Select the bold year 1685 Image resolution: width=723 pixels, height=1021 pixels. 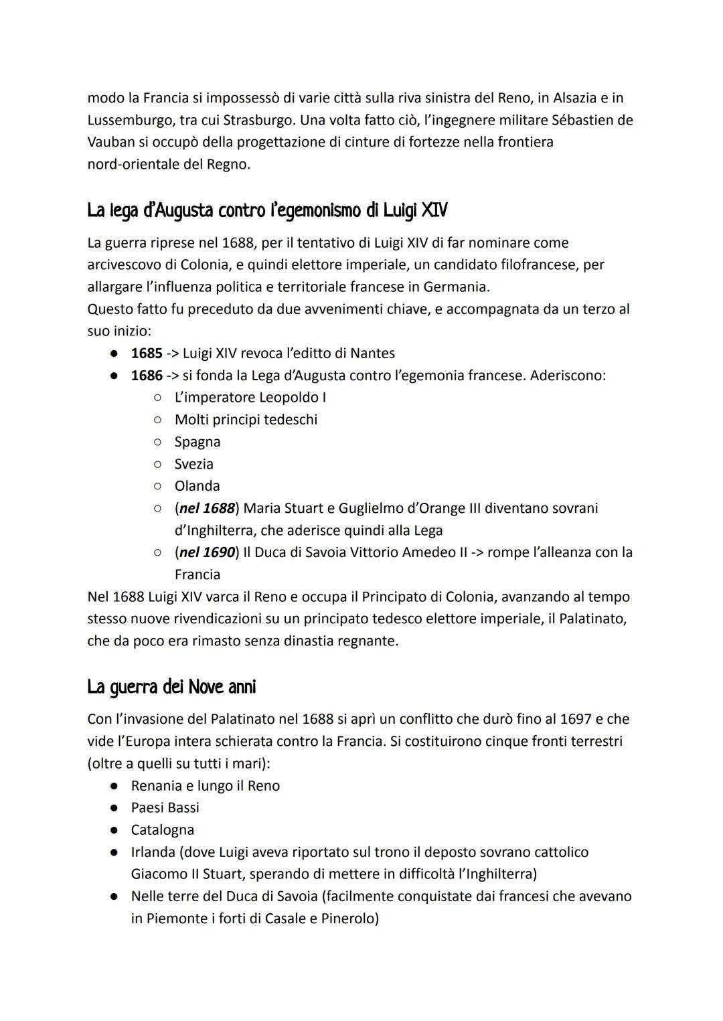147,353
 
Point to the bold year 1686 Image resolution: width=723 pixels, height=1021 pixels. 147,375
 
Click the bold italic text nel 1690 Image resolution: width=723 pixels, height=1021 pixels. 208,552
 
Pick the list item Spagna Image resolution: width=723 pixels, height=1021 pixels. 197,442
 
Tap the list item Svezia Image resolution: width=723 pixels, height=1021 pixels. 194,464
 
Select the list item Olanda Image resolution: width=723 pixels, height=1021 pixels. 197,486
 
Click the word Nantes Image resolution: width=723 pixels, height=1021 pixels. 373,353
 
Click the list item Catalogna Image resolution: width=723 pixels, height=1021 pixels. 163,830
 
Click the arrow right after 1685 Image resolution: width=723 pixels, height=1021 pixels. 173,353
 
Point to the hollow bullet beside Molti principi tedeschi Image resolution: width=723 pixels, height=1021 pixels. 157,420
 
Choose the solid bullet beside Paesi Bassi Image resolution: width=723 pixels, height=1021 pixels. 115,808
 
